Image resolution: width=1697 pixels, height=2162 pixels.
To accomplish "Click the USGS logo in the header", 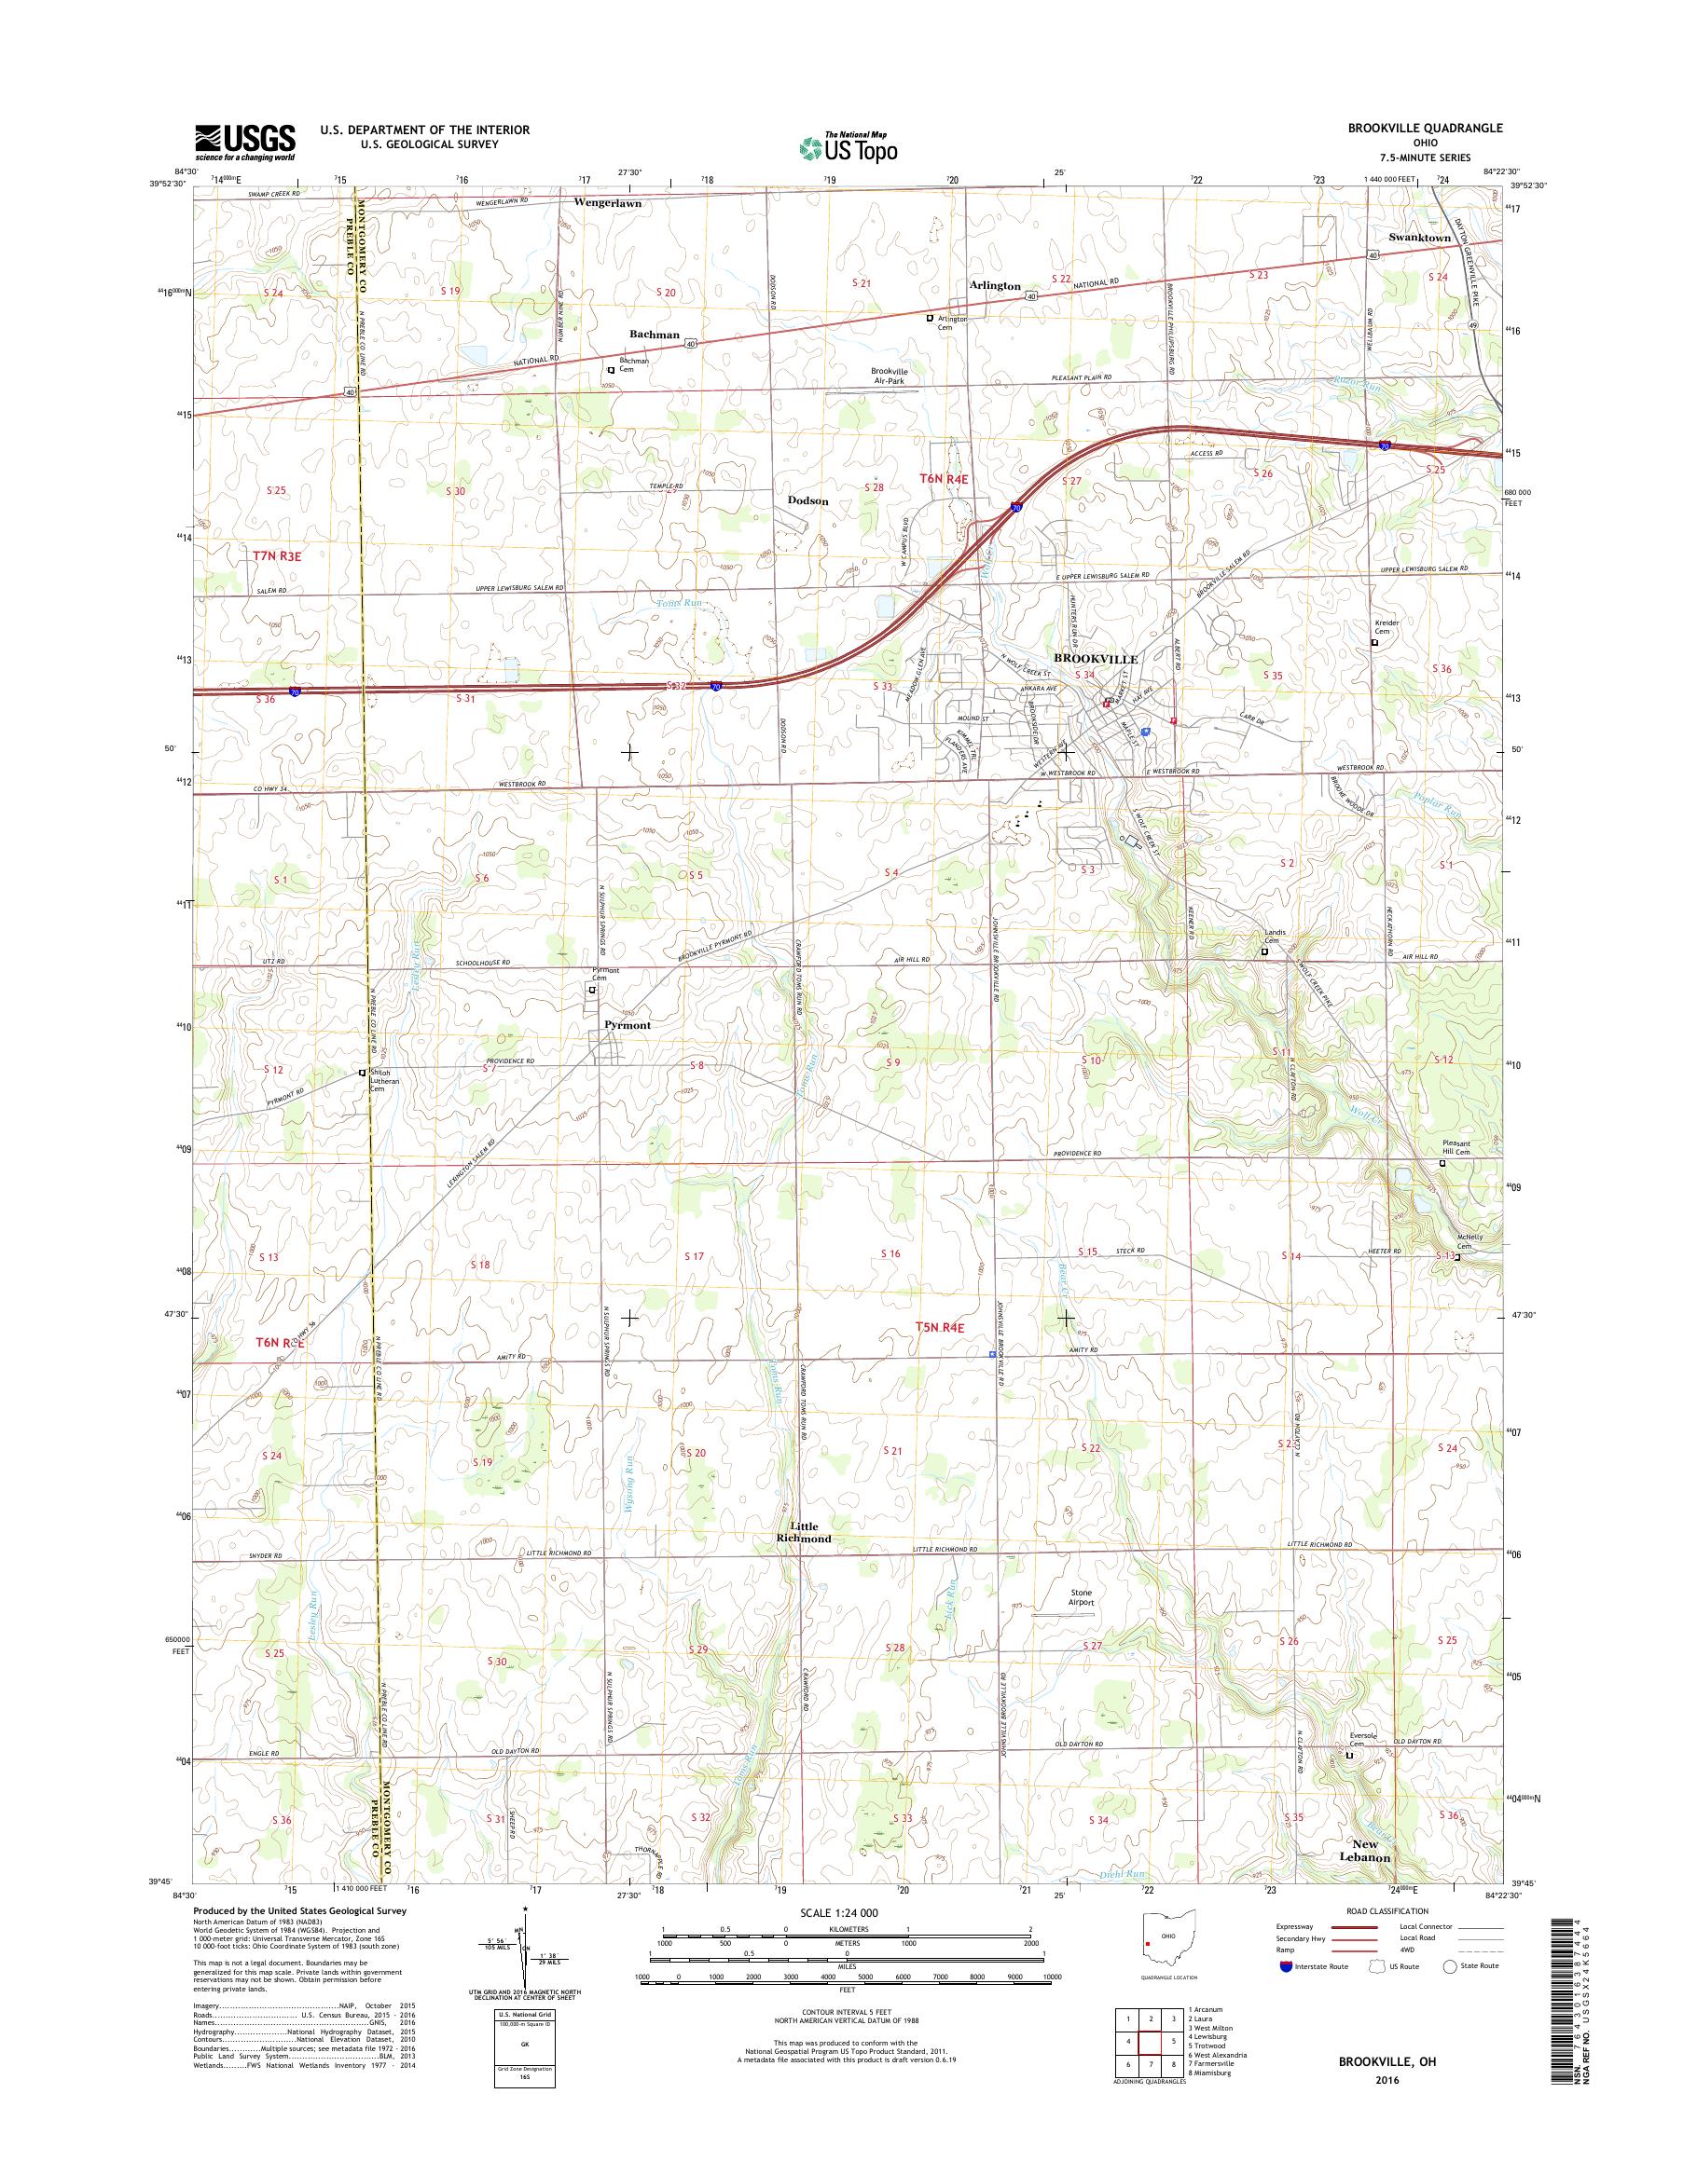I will (244, 141).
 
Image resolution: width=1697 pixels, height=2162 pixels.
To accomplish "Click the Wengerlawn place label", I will (607, 202).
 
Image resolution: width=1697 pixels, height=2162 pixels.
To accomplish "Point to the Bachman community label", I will (654, 335).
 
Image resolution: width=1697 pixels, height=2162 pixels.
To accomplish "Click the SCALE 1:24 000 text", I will (847, 1911).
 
